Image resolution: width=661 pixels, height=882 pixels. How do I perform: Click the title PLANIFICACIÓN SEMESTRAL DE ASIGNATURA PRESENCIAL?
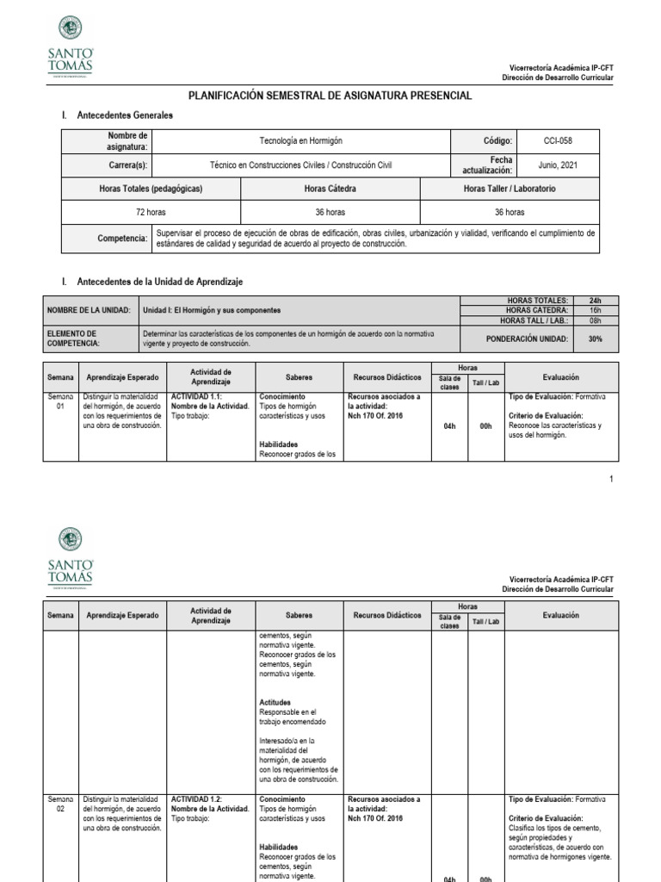coord(330,96)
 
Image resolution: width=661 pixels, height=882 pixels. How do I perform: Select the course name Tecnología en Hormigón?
coord(300,140)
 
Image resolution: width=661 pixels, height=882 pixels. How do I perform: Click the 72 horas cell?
coord(151,212)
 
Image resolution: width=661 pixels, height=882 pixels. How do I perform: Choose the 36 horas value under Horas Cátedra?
coord(330,212)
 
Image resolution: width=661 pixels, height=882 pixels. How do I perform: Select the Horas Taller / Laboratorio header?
coord(510,189)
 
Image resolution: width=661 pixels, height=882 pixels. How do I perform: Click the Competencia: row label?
coord(121,238)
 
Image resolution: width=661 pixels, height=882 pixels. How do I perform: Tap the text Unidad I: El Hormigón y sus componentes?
coord(212,310)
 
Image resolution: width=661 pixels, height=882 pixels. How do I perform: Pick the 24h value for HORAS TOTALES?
coord(595,301)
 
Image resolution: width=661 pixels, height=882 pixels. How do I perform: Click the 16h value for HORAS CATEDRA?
coord(595,310)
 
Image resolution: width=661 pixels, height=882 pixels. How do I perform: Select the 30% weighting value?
coord(595,339)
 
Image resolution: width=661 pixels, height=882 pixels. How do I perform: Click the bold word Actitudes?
coord(275,702)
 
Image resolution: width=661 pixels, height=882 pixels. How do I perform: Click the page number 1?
coord(611,479)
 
